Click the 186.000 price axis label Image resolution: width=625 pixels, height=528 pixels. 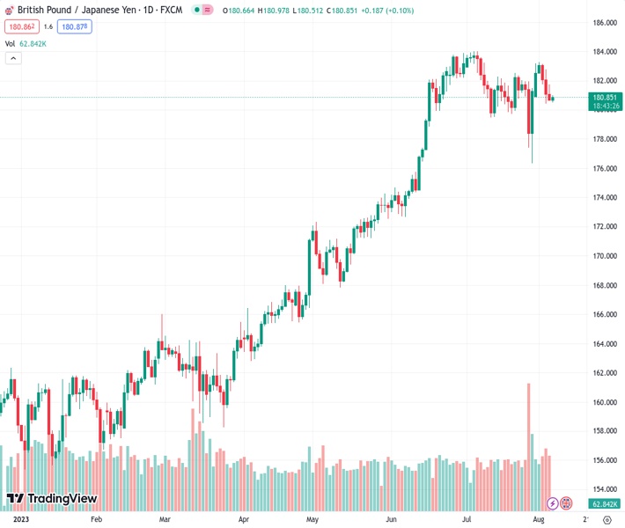click(603, 22)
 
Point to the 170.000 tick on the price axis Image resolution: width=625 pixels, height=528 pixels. click(603, 256)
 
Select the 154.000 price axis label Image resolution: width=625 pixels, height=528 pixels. click(603, 490)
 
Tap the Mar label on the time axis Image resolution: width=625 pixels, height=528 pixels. click(165, 519)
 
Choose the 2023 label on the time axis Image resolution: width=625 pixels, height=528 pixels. click(16, 519)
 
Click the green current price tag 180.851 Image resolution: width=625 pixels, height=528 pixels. click(604, 98)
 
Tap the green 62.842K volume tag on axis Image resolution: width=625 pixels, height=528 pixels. click(604, 503)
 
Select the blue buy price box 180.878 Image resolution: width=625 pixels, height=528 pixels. click(75, 26)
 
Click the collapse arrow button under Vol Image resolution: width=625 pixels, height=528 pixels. click(13, 58)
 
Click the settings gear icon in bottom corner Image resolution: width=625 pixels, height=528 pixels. click(607, 519)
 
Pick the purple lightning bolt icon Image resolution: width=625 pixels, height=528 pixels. click(552, 503)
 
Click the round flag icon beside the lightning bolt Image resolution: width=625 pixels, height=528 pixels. click(567, 503)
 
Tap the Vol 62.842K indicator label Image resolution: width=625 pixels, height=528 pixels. click(26, 42)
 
